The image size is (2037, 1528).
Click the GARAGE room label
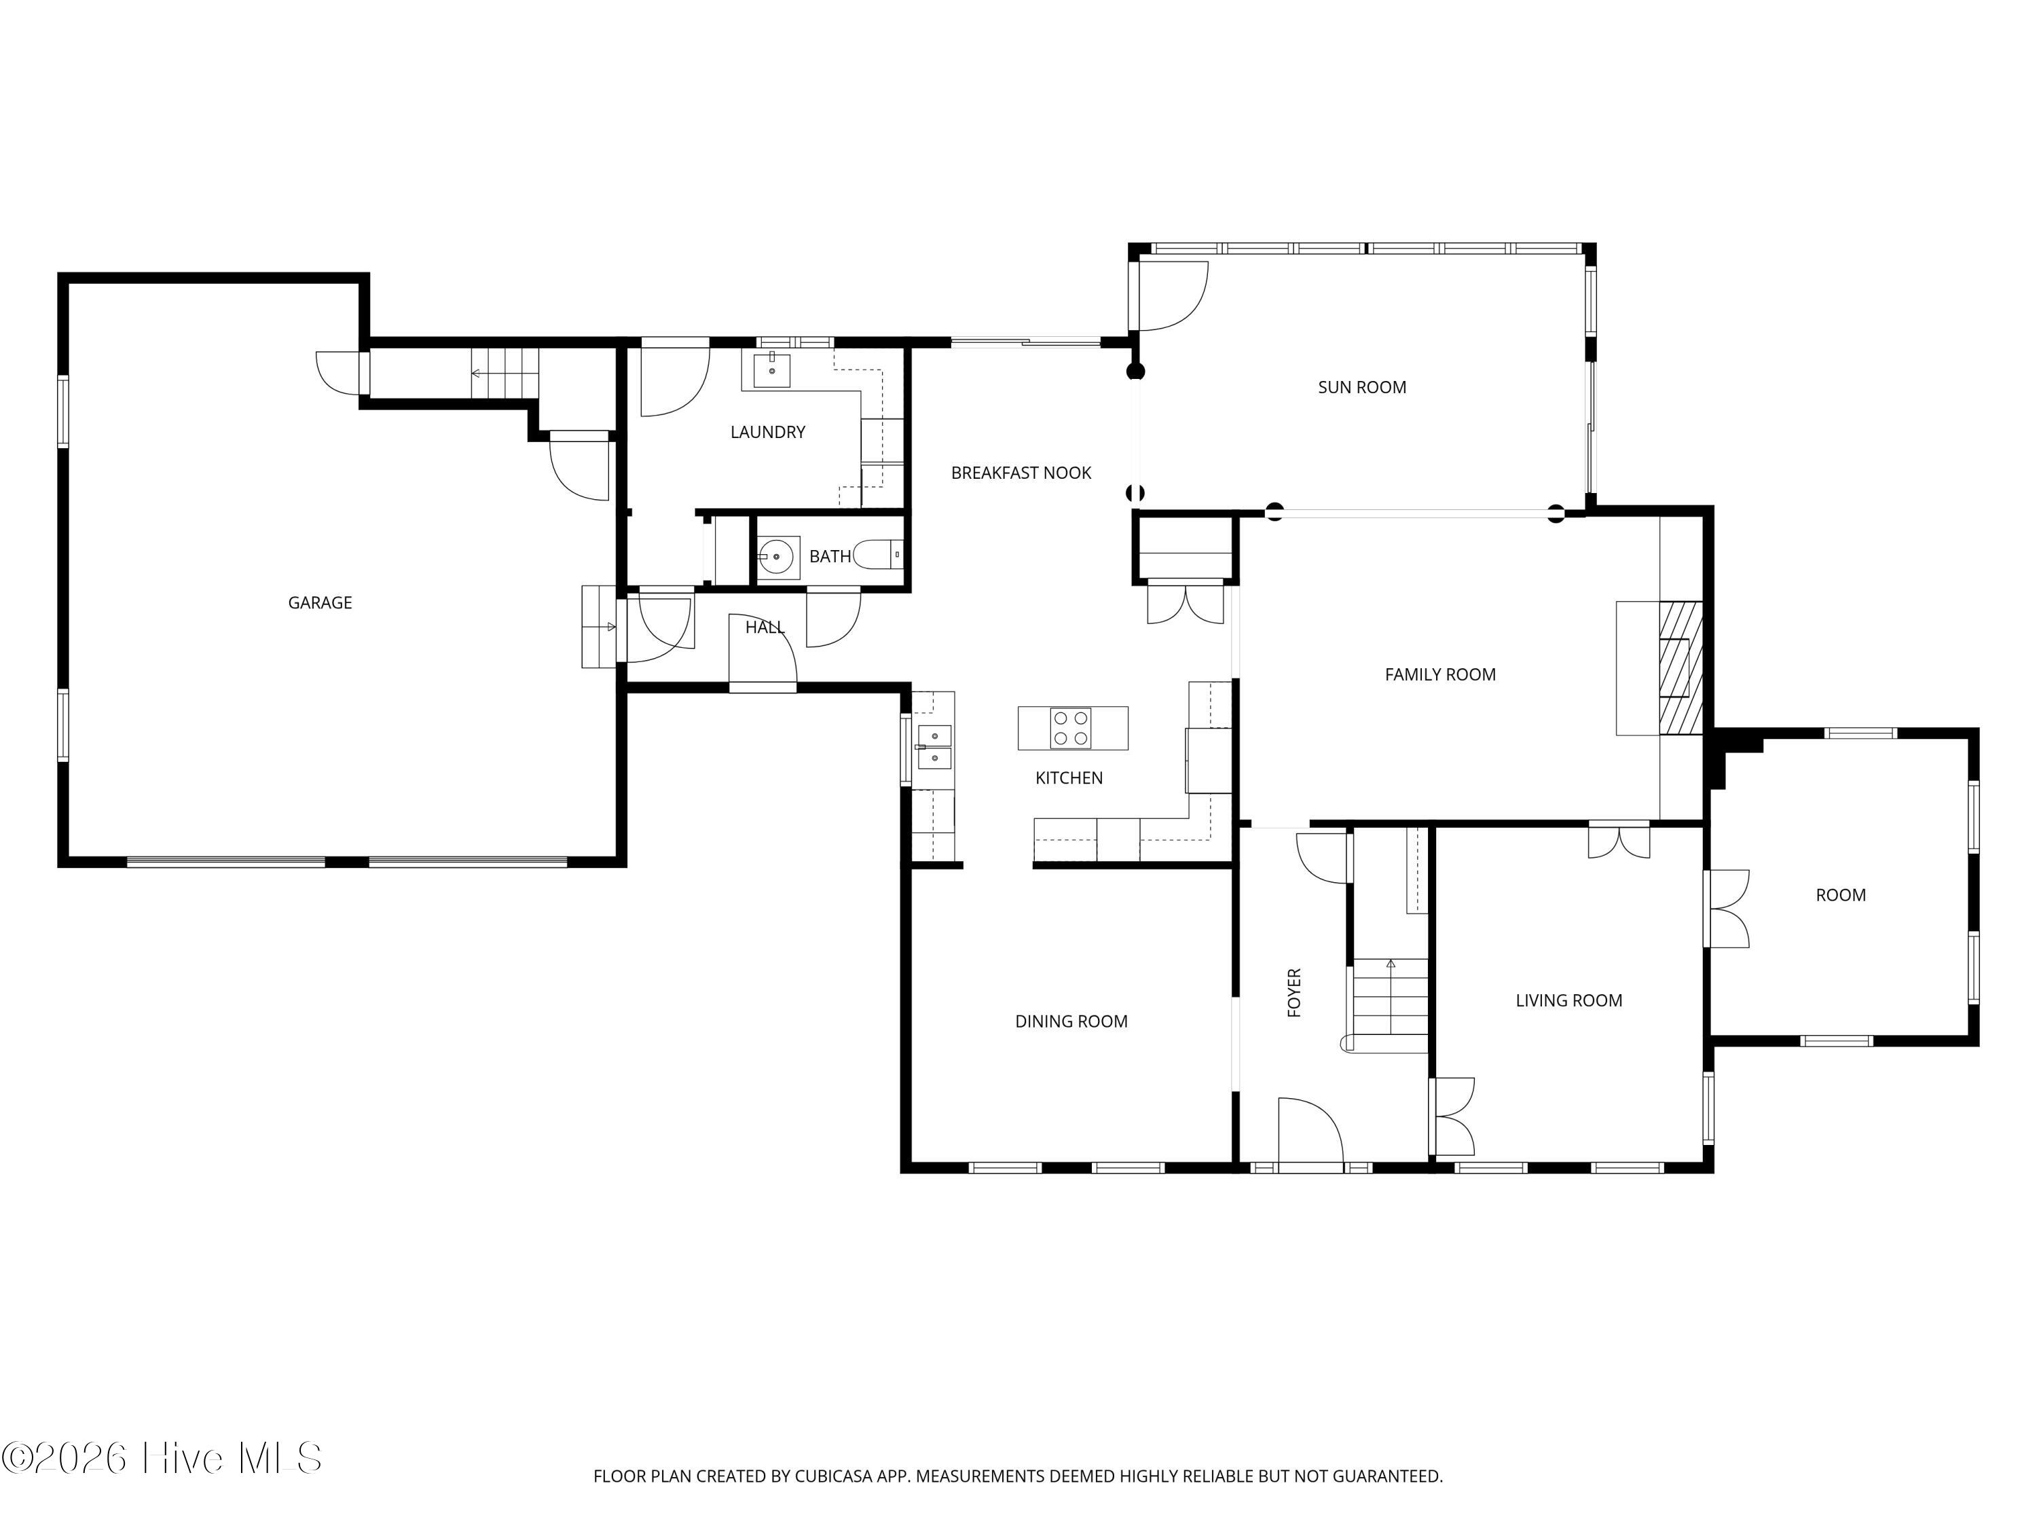tap(320, 602)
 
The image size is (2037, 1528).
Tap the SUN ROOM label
tap(1362, 387)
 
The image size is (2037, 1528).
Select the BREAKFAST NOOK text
tap(1021, 473)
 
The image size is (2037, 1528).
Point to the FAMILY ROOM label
tap(1440, 674)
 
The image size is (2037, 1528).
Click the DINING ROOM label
tap(1071, 1021)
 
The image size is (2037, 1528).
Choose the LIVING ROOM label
tap(1569, 1000)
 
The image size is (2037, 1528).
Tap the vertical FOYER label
tap(1294, 992)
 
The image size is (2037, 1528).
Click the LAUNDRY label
tap(768, 432)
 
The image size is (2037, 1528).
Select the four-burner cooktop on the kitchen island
tap(1071, 727)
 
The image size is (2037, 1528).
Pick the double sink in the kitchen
tap(934, 747)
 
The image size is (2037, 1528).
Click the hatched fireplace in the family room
tap(1681, 668)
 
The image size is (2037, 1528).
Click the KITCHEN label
tap(1069, 778)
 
